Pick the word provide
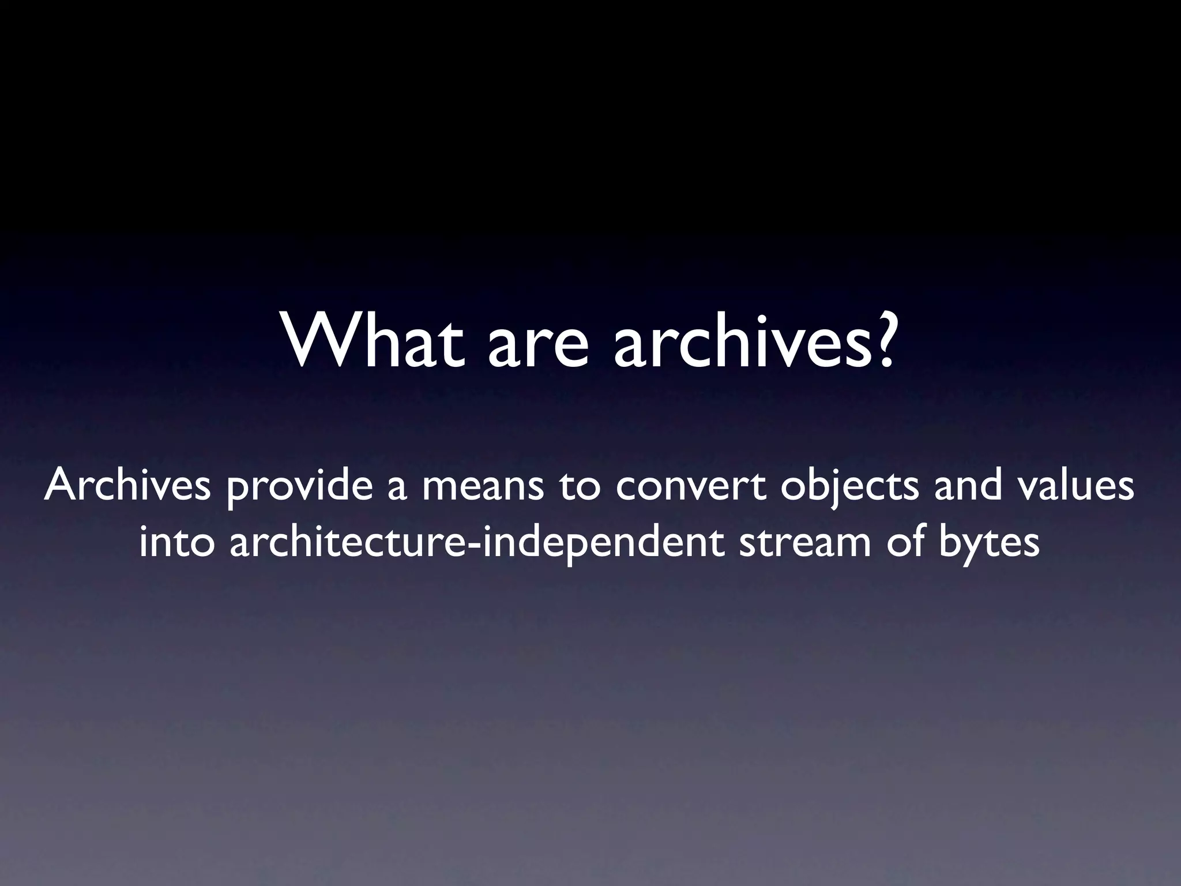tap(299, 487)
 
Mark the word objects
tap(850, 487)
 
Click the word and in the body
tap(968, 485)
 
